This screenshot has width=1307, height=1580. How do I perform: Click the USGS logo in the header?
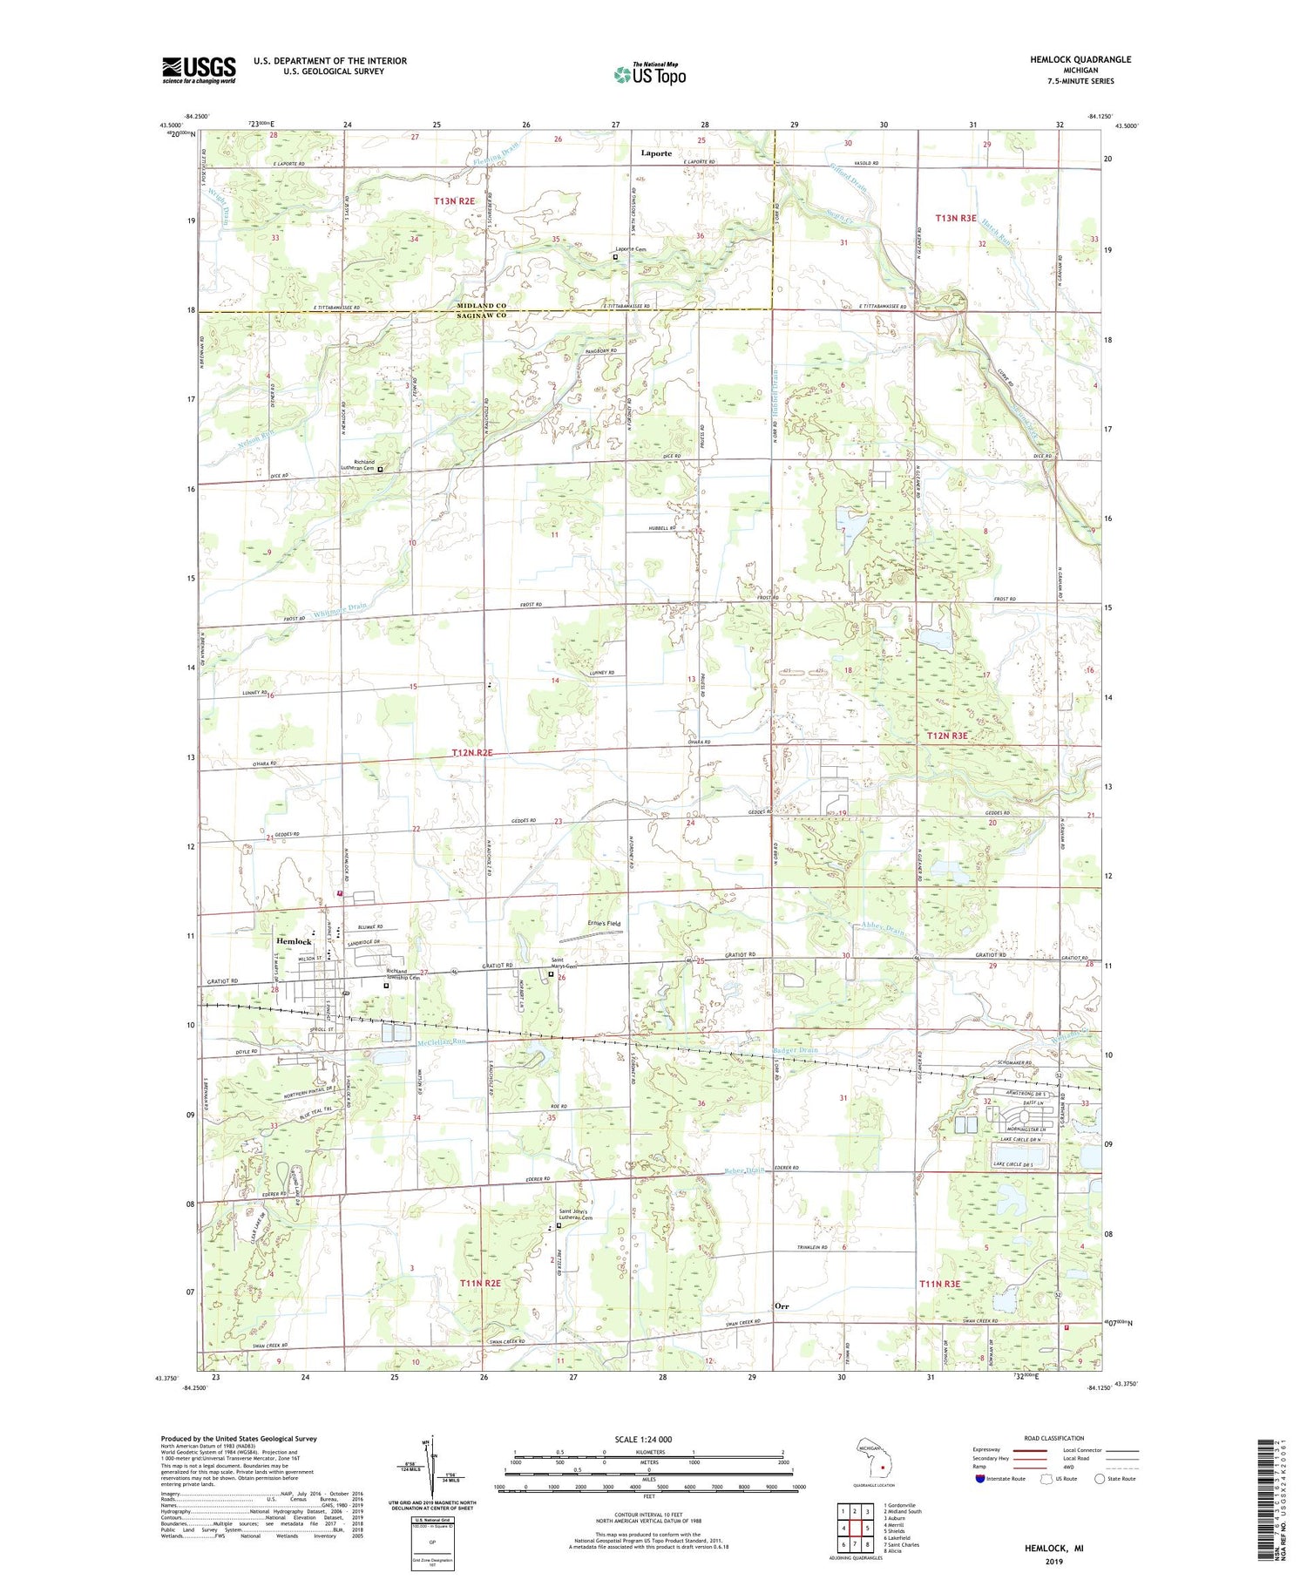199,70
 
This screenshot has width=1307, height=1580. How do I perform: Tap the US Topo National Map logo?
649,74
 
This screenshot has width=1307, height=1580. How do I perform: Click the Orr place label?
782,1305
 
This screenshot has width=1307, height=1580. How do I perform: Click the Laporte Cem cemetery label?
629,249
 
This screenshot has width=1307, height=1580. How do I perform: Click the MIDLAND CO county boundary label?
482,306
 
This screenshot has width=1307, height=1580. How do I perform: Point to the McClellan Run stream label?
442,1041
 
